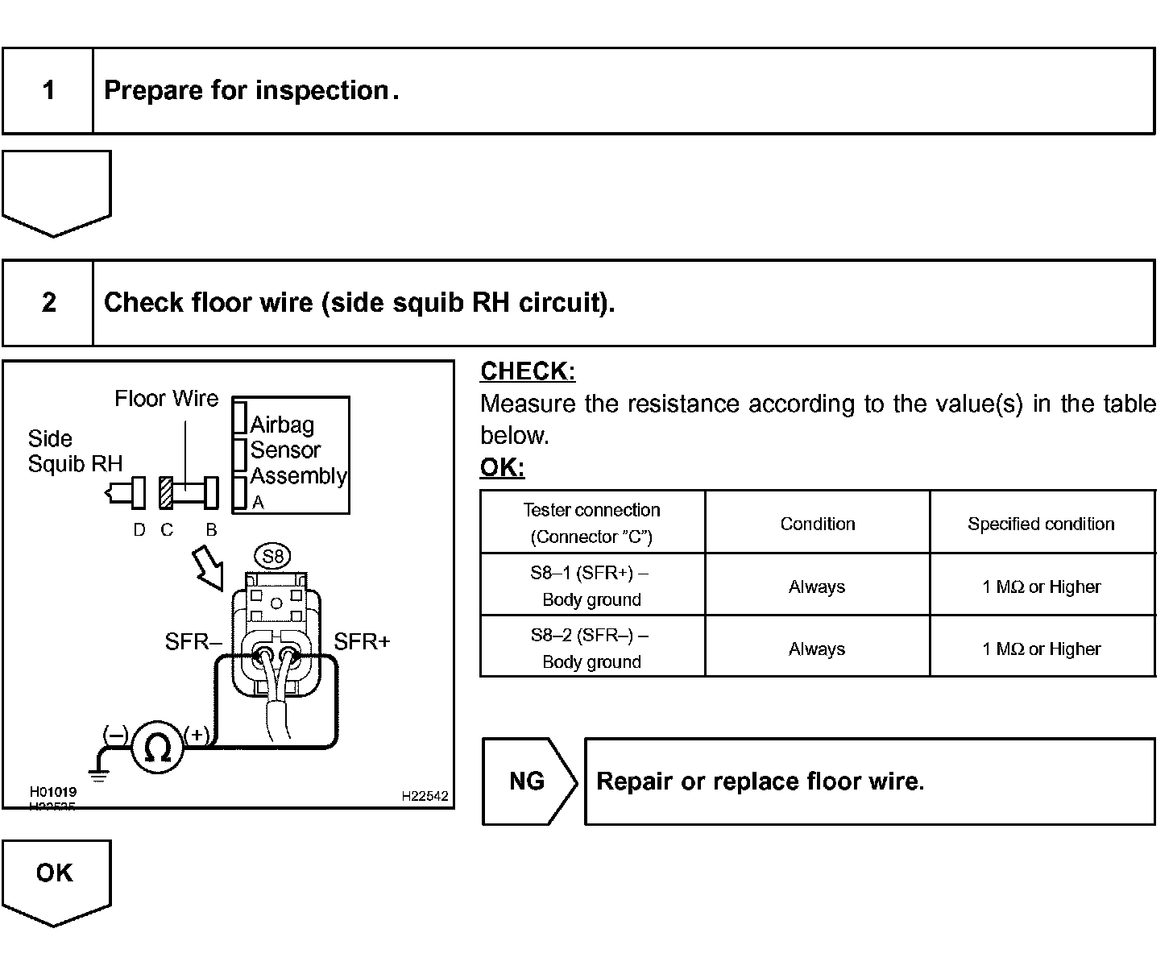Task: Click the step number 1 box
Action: tap(48, 90)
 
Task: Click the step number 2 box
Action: tap(48, 303)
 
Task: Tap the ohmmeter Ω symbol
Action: tap(157, 748)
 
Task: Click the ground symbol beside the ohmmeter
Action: tap(99, 774)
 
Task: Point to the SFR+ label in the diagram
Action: tap(362, 642)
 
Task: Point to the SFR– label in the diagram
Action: tap(193, 642)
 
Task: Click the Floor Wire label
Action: tap(166, 399)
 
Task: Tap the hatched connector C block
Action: tap(166, 493)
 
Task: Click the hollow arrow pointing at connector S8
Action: tap(209, 567)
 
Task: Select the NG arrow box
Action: tap(528, 781)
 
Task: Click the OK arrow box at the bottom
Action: tap(55, 878)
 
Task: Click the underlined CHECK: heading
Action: tap(528, 371)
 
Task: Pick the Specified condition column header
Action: tap(1041, 524)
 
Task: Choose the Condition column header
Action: tap(817, 524)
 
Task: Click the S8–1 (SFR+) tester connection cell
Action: tap(591, 586)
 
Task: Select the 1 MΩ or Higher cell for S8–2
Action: tap(1041, 649)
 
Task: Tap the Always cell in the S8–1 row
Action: tap(817, 587)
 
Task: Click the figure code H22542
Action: tap(425, 796)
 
